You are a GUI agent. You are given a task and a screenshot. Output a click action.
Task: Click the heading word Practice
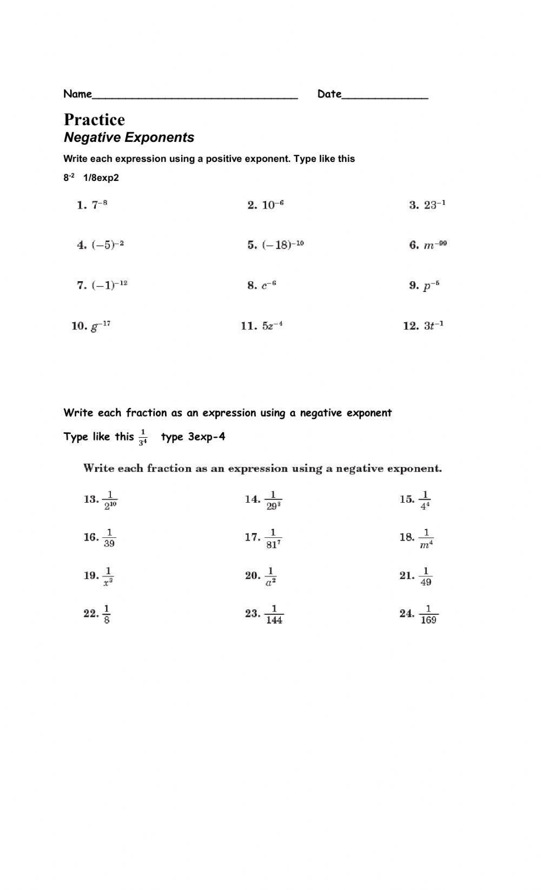[94, 120]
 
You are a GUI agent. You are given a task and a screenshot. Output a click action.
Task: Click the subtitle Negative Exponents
[129, 138]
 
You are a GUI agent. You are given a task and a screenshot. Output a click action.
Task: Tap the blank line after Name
[195, 95]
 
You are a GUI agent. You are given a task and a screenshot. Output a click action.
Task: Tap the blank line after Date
[385, 95]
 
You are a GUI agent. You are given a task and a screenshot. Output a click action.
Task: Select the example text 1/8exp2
[101, 178]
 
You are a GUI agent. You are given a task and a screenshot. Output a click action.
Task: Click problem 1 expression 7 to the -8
[100, 205]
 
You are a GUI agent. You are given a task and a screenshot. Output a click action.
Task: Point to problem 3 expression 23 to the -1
[435, 205]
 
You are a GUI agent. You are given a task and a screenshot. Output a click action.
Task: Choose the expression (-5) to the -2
[108, 245]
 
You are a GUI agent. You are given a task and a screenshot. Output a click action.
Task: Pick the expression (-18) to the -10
[283, 245]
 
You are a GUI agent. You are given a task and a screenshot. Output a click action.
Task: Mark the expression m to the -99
[436, 245]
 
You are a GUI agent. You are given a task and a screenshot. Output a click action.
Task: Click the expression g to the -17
[101, 326]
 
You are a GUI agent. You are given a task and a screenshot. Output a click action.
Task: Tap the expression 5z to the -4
[273, 326]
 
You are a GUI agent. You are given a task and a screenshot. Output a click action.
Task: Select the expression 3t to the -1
[434, 326]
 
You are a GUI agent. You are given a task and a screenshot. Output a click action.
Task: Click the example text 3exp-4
[207, 437]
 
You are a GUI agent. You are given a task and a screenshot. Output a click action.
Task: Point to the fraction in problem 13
[110, 500]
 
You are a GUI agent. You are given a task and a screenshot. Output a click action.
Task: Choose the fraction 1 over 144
[274, 614]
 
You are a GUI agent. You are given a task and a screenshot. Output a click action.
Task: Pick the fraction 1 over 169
[428, 614]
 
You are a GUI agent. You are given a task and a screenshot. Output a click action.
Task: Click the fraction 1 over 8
[107, 614]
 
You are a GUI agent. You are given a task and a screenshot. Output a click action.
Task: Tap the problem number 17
[252, 537]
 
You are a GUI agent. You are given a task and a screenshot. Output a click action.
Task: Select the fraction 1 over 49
[426, 576]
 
